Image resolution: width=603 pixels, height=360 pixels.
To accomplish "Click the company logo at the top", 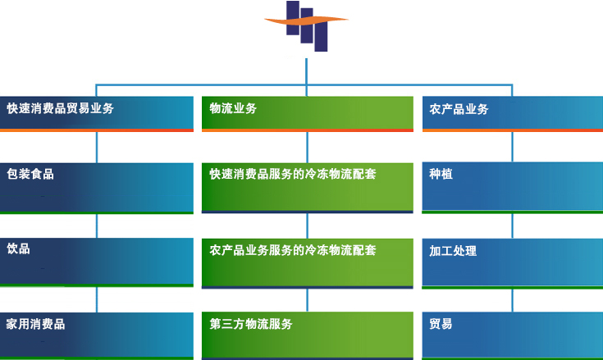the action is coord(307,25).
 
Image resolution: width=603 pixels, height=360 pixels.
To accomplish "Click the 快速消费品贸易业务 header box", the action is coord(97,114).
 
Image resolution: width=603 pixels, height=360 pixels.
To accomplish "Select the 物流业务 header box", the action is coord(308,114).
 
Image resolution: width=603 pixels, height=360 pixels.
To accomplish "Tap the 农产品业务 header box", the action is coord(513,114).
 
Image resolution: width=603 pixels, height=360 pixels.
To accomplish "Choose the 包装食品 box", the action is coord(97,189).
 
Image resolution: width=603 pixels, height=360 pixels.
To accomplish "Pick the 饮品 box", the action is coord(97,262).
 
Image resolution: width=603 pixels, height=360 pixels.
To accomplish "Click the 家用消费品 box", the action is coord(97,336).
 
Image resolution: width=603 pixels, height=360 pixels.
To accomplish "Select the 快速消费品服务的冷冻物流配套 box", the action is coord(308,188).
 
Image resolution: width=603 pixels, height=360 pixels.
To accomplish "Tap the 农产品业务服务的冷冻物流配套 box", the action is coord(308,263).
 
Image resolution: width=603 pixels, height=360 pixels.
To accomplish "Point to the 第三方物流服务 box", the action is coord(308,336).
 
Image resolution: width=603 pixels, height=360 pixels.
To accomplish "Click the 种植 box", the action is coord(513,188).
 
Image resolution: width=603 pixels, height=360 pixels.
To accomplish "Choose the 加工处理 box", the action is coord(513,263).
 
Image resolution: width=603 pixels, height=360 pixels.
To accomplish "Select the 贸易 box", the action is coord(513,336).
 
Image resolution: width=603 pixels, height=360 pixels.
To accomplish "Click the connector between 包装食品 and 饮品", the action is coord(97,226).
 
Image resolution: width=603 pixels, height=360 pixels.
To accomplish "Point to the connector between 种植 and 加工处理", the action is coord(512,226).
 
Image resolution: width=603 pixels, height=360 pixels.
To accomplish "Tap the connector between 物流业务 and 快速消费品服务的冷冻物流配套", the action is coord(308,147).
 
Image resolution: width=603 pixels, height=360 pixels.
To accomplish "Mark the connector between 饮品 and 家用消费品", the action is coord(97,299).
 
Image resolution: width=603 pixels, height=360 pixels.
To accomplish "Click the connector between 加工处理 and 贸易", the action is coord(512,300).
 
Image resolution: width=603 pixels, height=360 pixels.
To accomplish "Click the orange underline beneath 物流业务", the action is coord(308,130).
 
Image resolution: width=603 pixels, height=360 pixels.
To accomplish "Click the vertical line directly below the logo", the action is coord(306,71).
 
